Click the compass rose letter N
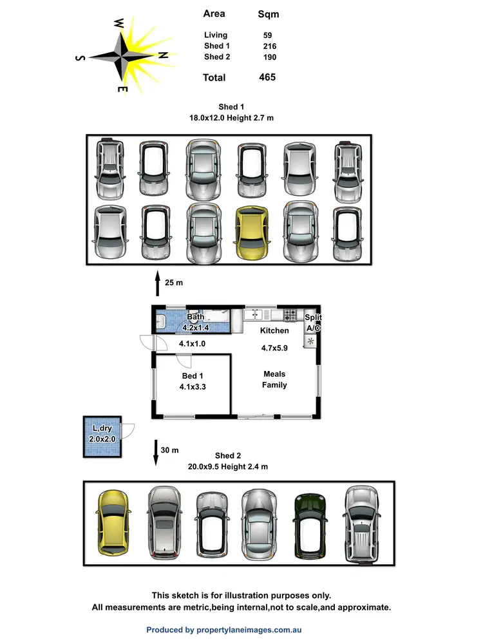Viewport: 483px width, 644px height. coord(164,56)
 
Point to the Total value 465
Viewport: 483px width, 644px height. coord(267,77)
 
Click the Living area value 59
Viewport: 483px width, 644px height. coord(267,35)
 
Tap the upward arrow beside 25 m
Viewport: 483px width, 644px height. coord(156,283)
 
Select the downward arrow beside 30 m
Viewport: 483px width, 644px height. coord(156,452)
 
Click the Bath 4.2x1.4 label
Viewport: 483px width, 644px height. coord(195,322)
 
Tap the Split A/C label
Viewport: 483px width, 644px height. coord(313,323)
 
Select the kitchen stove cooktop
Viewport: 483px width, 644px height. coord(290,315)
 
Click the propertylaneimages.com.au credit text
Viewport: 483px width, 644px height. coord(223,630)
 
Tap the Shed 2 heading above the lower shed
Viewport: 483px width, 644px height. coord(229,456)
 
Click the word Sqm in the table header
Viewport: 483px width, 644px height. coord(268,14)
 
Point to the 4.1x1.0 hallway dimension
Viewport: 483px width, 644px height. coord(192,343)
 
